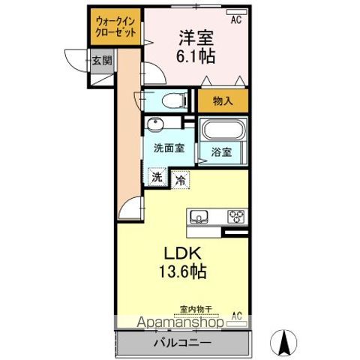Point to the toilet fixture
[166, 100]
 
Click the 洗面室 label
[169, 148]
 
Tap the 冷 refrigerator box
[181, 179]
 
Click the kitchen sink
[200, 216]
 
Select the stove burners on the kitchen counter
[237, 216]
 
